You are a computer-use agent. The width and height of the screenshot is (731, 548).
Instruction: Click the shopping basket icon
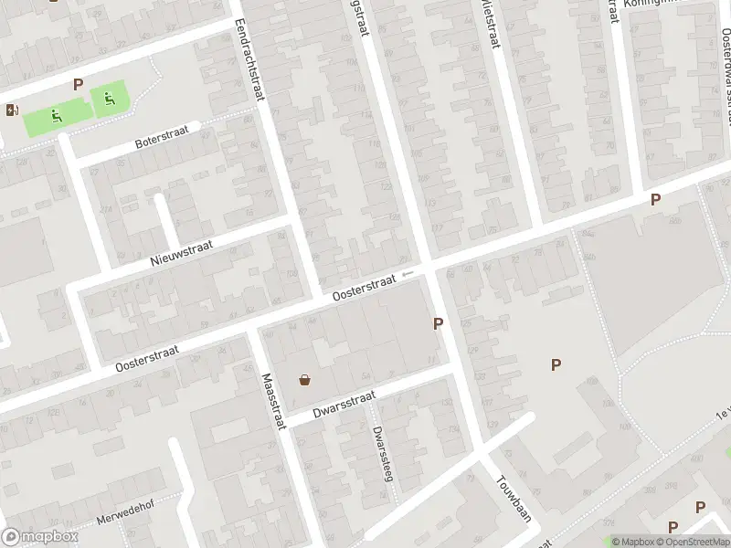[x=304, y=381]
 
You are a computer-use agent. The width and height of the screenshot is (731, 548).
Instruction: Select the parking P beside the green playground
[x=78, y=85]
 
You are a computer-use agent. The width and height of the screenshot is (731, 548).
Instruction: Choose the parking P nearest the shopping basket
[x=439, y=323]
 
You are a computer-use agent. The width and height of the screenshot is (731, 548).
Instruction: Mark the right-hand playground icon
[x=109, y=99]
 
